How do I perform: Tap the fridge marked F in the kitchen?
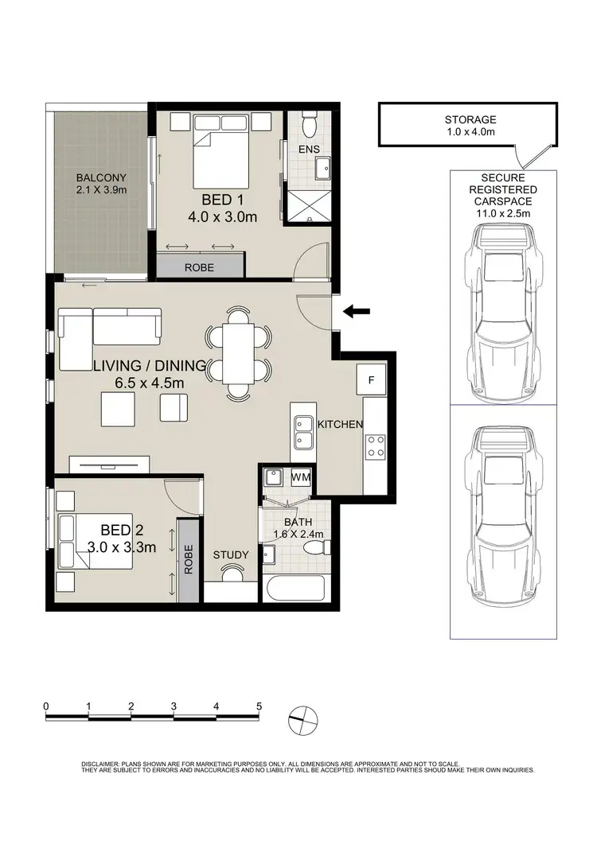(372, 379)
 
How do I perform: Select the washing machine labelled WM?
(301, 477)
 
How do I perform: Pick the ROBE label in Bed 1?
(199, 268)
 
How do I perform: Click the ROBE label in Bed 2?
(188, 559)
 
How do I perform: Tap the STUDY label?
(232, 555)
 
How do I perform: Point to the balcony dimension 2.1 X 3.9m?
(102, 190)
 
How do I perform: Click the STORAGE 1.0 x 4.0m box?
(470, 126)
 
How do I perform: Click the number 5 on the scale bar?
(259, 706)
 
